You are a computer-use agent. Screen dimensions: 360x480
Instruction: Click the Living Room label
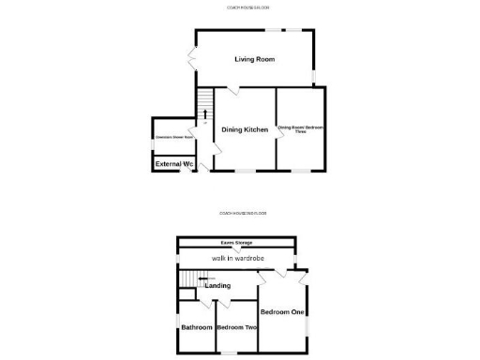click(x=254, y=59)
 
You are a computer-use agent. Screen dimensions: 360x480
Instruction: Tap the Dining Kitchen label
click(x=244, y=129)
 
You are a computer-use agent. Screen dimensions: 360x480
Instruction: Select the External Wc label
click(x=173, y=164)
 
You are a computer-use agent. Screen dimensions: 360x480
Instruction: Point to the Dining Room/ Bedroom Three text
click(x=300, y=131)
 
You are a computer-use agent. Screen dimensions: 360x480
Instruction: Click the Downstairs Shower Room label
click(x=173, y=137)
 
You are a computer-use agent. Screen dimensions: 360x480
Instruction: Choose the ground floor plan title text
click(x=248, y=7)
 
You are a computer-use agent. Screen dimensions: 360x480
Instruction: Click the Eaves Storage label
click(x=236, y=243)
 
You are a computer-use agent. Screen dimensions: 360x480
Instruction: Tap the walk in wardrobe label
click(x=237, y=258)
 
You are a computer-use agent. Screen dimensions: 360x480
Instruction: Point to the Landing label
click(x=217, y=285)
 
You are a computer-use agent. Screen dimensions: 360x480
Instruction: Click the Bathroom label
click(x=197, y=327)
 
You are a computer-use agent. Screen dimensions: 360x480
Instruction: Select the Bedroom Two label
click(x=236, y=327)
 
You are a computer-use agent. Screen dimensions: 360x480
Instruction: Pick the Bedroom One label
click(x=281, y=311)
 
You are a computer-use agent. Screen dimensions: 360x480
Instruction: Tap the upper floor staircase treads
click(x=191, y=278)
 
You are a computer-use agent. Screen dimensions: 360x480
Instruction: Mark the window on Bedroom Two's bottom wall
click(x=225, y=352)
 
